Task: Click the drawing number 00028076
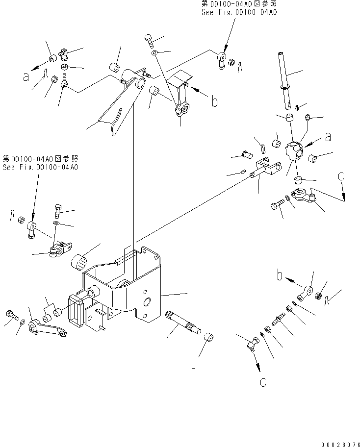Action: tap(340, 444)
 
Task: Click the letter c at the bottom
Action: tap(263, 382)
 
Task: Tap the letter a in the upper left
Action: tap(26, 76)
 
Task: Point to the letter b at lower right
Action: tap(280, 275)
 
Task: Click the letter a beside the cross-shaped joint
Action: tap(328, 137)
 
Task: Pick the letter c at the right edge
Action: tap(341, 176)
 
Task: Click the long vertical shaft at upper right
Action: tap(284, 80)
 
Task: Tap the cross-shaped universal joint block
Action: tap(295, 149)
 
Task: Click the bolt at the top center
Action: tap(150, 41)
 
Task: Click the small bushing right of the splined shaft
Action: tap(209, 337)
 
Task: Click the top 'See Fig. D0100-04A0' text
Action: tap(239, 12)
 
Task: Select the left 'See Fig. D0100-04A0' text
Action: tap(40, 167)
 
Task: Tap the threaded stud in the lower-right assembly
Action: tap(279, 319)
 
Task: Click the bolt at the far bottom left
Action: tap(11, 315)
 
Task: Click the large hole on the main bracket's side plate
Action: tap(147, 302)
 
